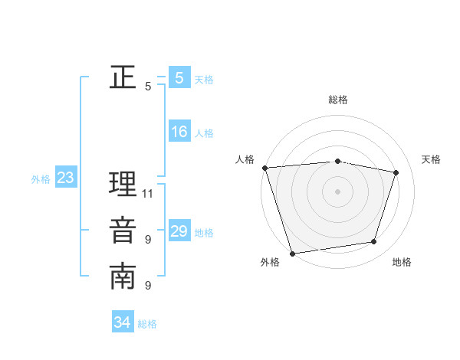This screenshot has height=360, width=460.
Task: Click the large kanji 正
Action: tap(123, 77)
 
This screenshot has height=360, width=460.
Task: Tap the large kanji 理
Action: tap(123, 185)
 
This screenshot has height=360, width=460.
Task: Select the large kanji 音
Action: tap(123, 231)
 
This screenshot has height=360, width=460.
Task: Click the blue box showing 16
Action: tap(179, 132)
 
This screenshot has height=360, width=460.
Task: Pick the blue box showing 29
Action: tap(179, 231)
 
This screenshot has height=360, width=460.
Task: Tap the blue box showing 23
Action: tap(65, 178)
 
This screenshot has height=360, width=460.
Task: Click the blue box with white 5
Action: tap(179, 77)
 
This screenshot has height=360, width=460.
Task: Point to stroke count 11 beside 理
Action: tap(148, 194)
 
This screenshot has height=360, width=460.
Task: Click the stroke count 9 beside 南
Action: tap(148, 286)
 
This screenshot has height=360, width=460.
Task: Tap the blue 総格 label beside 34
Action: tap(147, 324)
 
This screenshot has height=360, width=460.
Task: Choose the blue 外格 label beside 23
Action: tap(41, 179)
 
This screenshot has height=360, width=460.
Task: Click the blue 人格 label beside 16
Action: tap(204, 133)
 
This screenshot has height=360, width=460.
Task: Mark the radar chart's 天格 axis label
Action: tap(432, 159)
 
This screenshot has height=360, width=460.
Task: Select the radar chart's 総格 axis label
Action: tap(337, 100)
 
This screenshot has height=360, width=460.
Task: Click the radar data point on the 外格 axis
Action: tap(292, 253)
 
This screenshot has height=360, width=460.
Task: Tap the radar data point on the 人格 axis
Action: tap(264, 168)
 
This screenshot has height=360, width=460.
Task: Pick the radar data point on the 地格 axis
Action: tap(374, 242)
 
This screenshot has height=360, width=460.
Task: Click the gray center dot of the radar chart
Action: tap(337, 191)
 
